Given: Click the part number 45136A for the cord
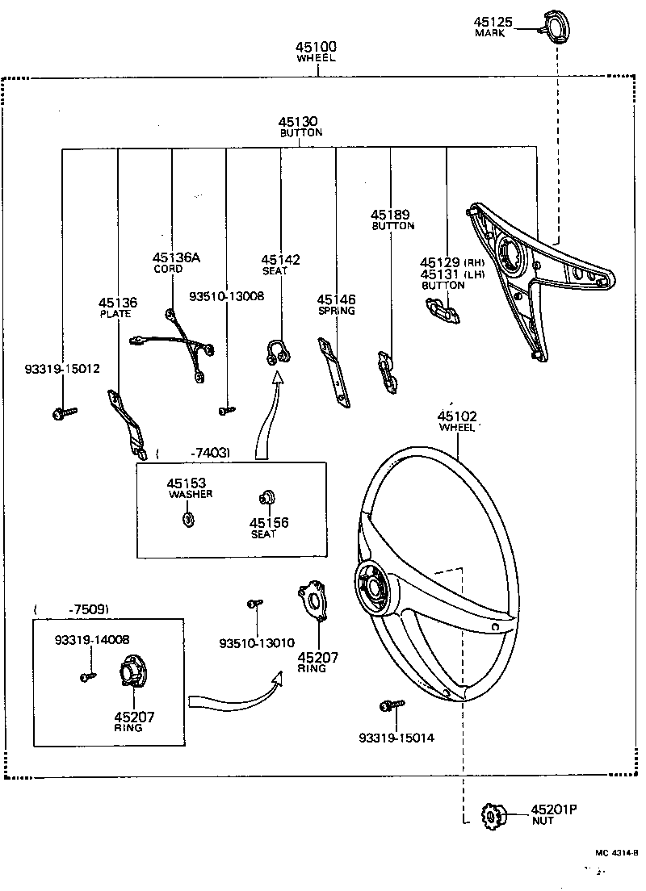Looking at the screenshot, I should tap(176, 257).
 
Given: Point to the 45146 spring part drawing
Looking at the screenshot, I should tap(333, 370).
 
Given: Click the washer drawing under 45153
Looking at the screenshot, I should tap(189, 519).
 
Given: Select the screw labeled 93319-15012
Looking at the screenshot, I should tap(63, 413).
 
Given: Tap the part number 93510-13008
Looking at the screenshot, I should tap(226, 296).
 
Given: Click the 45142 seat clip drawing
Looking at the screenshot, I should tap(275, 351).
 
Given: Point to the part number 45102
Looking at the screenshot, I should tap(457, 416).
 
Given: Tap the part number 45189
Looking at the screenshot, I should tap(391, 215).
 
